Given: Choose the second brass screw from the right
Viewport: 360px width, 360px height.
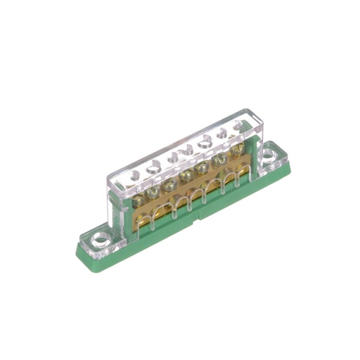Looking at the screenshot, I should (219, 159).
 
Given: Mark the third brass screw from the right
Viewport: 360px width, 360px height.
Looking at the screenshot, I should (204, 166).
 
